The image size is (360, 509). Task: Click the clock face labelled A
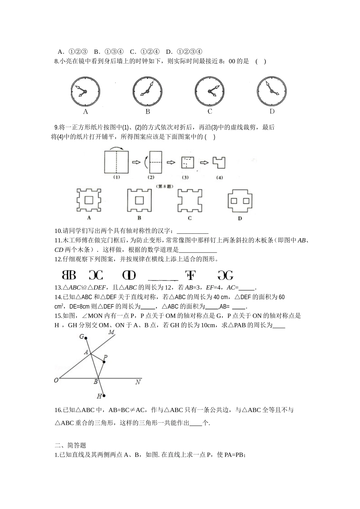85,92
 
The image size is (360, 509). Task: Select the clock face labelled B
147,92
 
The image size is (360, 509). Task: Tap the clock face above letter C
210,92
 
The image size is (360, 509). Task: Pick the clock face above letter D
272,92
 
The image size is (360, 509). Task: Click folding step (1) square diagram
116,162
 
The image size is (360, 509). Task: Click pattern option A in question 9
89,200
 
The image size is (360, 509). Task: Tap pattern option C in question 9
189,200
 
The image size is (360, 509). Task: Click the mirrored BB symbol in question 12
69,275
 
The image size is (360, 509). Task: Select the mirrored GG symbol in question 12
225,275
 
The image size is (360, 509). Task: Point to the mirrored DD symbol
129,275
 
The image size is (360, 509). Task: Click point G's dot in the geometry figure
86,338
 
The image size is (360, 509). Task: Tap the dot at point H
104,396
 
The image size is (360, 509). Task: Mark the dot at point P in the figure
104,362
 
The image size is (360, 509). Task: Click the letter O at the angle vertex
56,380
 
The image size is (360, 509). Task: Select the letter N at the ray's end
138,382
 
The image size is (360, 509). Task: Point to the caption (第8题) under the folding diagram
164,186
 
